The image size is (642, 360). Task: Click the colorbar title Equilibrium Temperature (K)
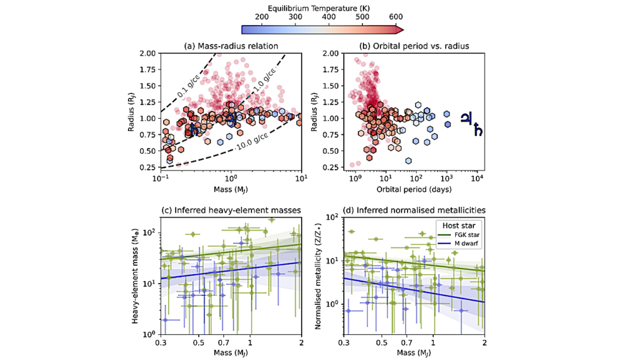click(x=322, y=7)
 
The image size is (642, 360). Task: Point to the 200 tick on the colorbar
click(x=262, y=17)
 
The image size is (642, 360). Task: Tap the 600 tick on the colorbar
click(x=395, y=17)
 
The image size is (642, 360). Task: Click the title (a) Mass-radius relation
click(x=230, y=46)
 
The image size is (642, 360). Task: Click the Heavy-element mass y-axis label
click(x=135, y=276)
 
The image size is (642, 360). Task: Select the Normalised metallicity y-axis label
click(x=318, y=276)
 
